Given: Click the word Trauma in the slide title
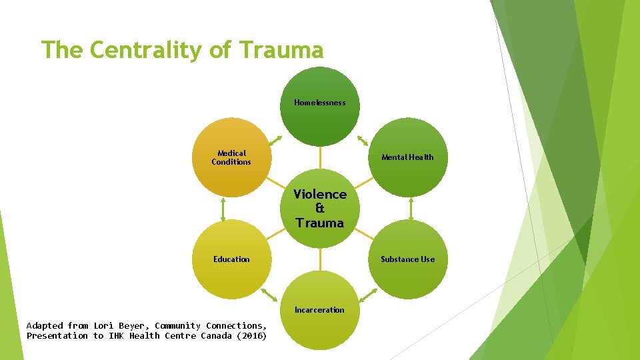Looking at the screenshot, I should point(281,50).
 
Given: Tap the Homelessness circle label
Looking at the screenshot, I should point(320,103).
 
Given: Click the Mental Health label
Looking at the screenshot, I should point(407,157).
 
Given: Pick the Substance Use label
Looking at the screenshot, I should point(407,259).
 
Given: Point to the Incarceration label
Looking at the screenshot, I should point(320,310).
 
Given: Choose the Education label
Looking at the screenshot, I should point(231,259).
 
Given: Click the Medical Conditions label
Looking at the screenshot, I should point(231,157).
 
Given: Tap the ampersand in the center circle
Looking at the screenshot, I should point(320,209).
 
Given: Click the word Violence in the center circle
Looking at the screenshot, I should point(320,194).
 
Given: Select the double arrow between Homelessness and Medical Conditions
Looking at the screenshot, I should point(275,141).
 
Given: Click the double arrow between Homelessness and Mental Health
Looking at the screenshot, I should point(364,141).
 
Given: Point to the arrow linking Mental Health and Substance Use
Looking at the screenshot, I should point(411,209).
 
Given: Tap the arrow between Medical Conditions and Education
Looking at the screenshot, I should point(223,209).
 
